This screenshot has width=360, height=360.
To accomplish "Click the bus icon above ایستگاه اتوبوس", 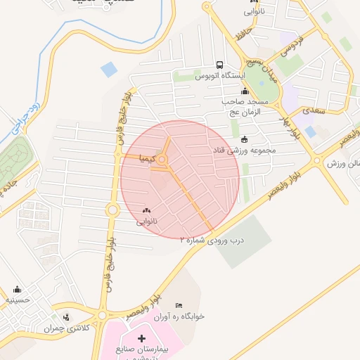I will tap(221, 65).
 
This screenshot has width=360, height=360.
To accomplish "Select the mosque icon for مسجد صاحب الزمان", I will tap(245, 91).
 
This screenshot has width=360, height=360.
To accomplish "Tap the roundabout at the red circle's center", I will tap(163, 161).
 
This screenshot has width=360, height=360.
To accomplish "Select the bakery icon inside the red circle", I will tap(147, 210).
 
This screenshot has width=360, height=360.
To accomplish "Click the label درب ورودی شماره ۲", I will tap(211, 240).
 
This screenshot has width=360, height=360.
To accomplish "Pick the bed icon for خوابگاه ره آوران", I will tap(179, 305).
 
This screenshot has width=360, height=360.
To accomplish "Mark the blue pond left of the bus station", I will tap(109, 69).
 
